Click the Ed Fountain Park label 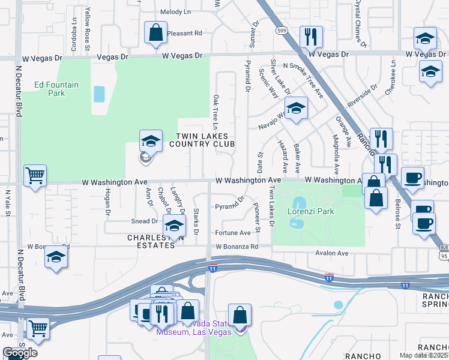pyautogui.click(x=56, y=89)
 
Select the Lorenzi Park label pyautogui.click(x=310, y=212)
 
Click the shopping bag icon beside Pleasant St pyautogui.click(x=155, y=32)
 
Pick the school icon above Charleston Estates pyautogui.click(x=174, y=226)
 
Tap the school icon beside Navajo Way pyautogui.click(x=295, y=109)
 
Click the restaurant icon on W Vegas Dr pyautogui.click(x=311, y=37)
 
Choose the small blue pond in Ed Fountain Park pyautogui.click(x=99, y=94)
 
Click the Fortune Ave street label pyautogui.click(x=233, y=233)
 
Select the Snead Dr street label pyautogui.click(x=144, y=221)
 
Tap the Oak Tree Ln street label pyautogui.click(x=215, y=110)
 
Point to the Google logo pyautogui.click(x=20, y=352)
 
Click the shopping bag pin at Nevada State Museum pyautogui.click(x=240, y=315)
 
